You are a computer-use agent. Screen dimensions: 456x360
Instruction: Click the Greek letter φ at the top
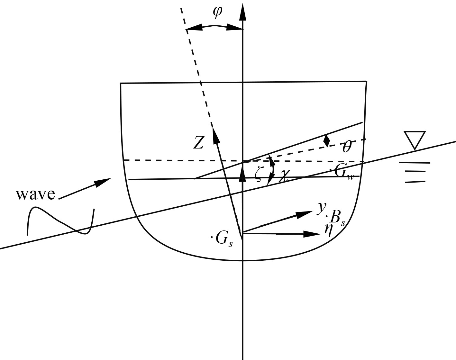point(217,12)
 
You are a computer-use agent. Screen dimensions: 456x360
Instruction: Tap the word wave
point(35,194)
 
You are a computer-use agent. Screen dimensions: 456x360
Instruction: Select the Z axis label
point(198,142)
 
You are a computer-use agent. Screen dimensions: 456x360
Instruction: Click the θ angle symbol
point(347,147)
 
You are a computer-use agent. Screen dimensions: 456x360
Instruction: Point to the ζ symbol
point(259,174)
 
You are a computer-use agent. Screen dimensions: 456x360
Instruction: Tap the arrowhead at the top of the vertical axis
point(243,13)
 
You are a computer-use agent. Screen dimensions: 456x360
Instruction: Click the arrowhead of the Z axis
point(215,134)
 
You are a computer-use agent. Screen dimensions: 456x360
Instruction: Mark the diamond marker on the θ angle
point(327,140)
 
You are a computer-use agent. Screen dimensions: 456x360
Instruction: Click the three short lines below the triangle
point(415,172)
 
